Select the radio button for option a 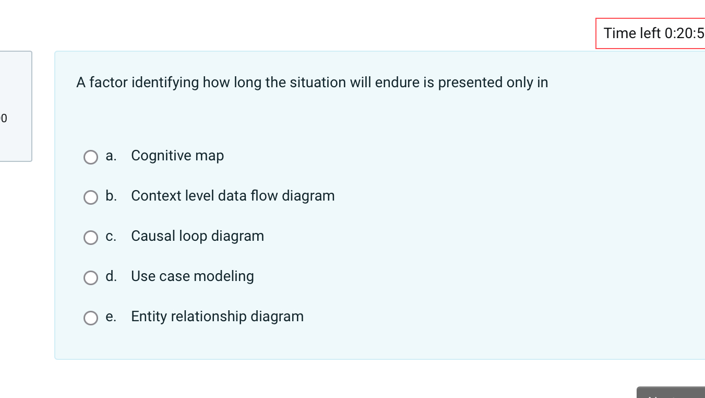click(91, 157)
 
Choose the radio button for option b click(91, 197)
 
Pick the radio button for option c click(91, 237)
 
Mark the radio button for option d click(91, 278)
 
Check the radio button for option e click(91, 318)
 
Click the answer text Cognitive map click(177, 156)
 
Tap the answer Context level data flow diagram click(233, 196)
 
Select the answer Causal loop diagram click(198, 236)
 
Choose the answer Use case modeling click(193, 276)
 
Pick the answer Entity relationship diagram click(218, 317)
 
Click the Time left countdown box click(650, 33)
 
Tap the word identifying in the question click(165, 83)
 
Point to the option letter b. click(111, 196)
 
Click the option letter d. click(111, 276)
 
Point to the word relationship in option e click(209, 317)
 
